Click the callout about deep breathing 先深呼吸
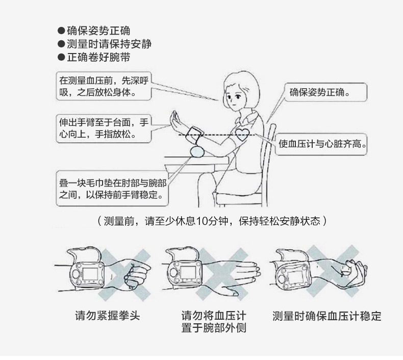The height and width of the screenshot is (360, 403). pyautogui.click(x=104, y=87)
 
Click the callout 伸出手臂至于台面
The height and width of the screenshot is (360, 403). pyautogui.click(x=104, y=128)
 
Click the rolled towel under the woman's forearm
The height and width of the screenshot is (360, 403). pyautogui.click(x=198, y=152)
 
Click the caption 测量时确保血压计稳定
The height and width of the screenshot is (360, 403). pyautogui.click(x=327, y=316)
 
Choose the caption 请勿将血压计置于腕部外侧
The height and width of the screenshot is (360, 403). pyautogui.click(x=214, y=322)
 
